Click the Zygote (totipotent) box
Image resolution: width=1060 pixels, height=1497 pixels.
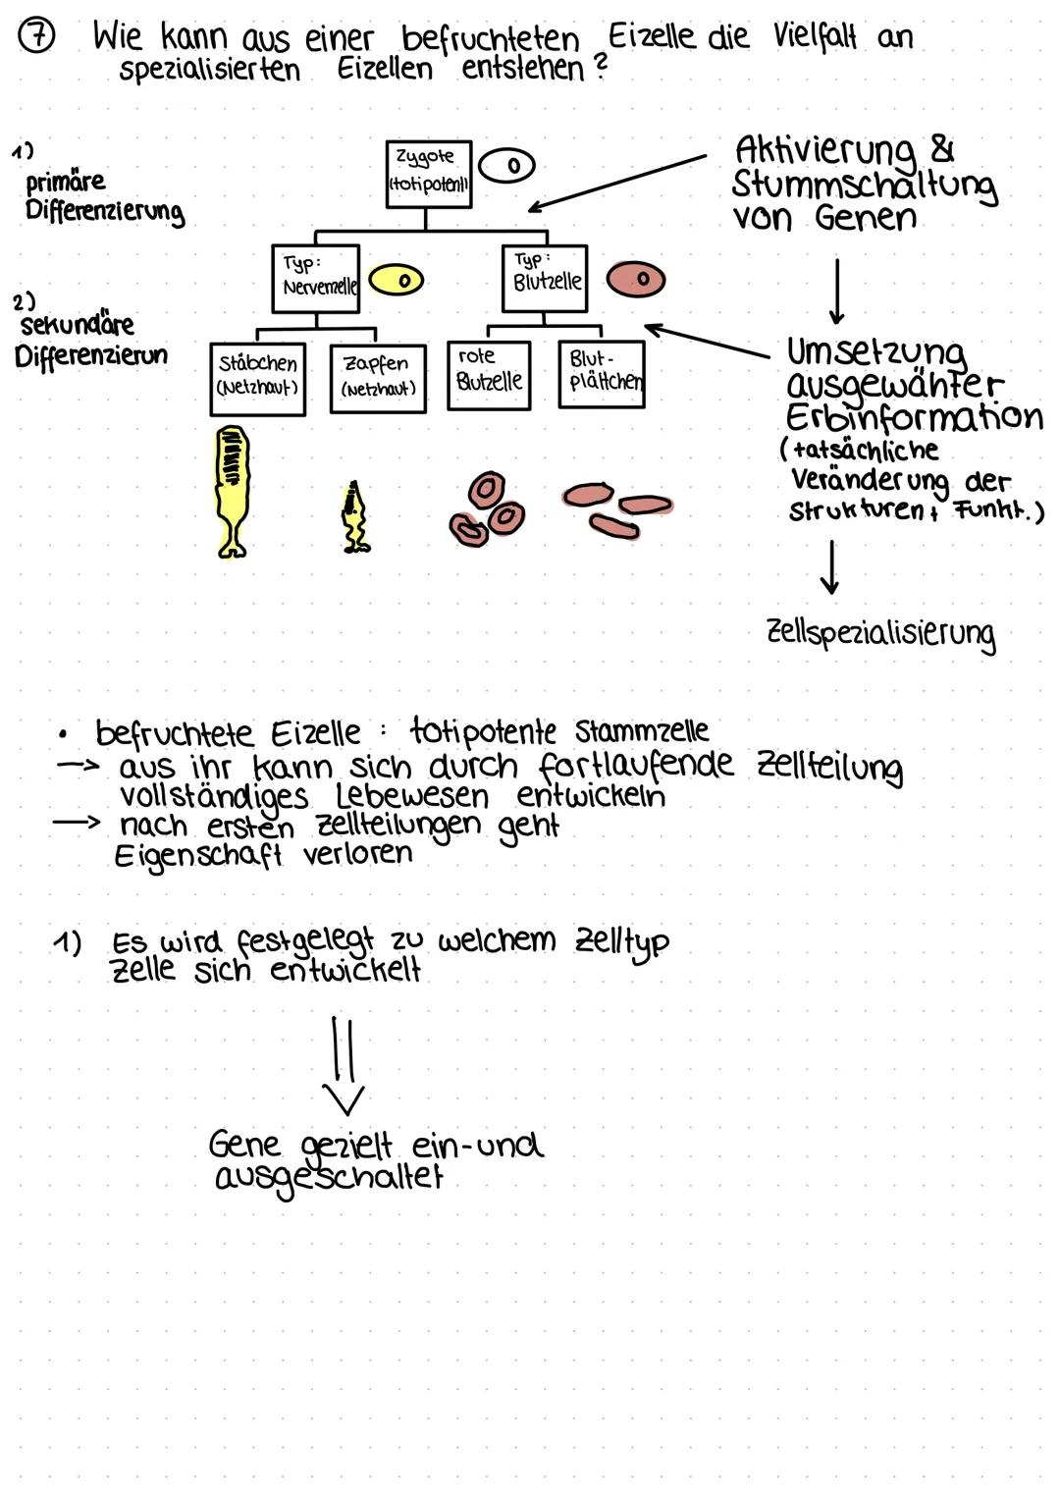pyautogui.click(x=428, y=174)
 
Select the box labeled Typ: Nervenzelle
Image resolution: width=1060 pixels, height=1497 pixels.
pyautogui.click(x=315, y=279)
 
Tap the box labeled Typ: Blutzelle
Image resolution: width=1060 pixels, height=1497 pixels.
pyautogui.click(x=544, y=278)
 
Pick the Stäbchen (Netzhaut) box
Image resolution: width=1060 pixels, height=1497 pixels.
pyautogui.click(x=257, y=379)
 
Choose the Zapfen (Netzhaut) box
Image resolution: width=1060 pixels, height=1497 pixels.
pyautogui.click(x=378, y=379)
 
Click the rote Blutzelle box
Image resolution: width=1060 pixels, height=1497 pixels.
pyautogui.click(x=488, y=375)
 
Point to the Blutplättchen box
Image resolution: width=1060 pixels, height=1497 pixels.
pyautogui.click(x=602, y=374)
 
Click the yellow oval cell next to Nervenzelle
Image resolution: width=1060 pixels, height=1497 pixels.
pyautogui.click(x=397, y=280)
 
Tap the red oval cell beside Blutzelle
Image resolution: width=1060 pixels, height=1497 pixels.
pyautogui.click(x=635, y=279)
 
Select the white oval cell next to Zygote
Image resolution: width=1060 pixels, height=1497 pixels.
pyautogui.click(x=507, y=166)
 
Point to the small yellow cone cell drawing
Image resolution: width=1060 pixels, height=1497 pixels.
pyautogui.click(x=354, y=517)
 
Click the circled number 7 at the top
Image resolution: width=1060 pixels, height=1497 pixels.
pyautogui.click(x=38, y=39)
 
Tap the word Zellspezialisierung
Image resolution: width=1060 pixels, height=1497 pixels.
pyautogui.click(x=879, y=633)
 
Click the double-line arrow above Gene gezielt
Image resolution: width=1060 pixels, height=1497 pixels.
pyautogui.click(x=344, y=1066)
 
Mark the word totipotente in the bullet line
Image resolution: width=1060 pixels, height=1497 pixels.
pyautogui.click(x=482, y=731)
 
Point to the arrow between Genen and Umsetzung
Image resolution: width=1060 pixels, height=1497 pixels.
pyautogui.click(x=836, y=292)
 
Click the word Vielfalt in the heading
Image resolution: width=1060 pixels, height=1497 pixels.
pyautogui.click(x=814, y=37)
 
